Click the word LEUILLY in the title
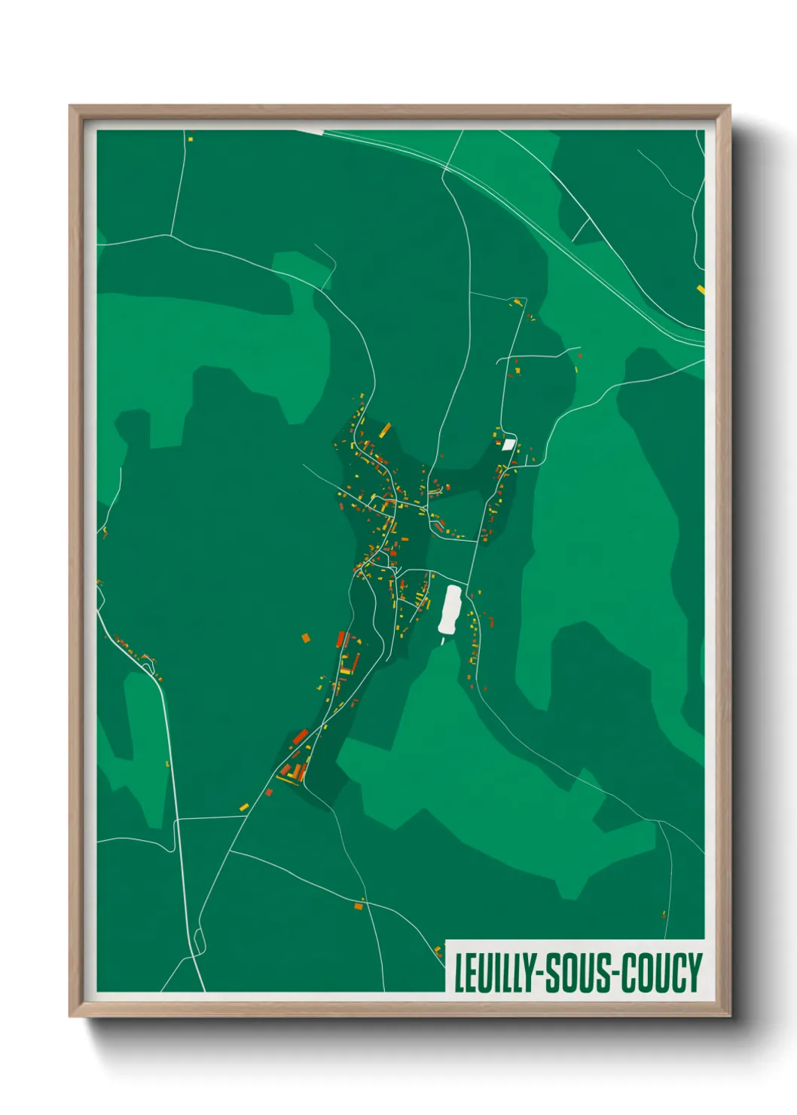point(494,973)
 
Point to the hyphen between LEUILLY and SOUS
point(539,973)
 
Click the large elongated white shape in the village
point(450,609)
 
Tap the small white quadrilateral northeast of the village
point(508,444)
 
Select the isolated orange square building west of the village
point(306,638)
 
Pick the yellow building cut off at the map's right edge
point(701,289)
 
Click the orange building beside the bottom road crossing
point(359,906)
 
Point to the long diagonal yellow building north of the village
point(384,430)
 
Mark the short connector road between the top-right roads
point(580,230)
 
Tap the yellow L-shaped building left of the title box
point(438,951)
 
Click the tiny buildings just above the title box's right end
point(664,915)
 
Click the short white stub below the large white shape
point(443,640)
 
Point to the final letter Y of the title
point(693,973)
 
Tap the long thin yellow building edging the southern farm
point(289,779)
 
